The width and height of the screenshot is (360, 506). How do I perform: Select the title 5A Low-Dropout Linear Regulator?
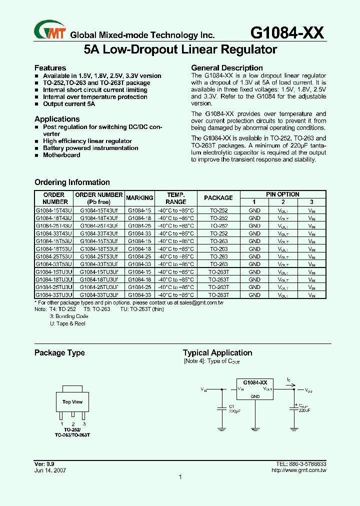180,50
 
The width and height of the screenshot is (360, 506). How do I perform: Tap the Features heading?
50,68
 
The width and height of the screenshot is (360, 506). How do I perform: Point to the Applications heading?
57,119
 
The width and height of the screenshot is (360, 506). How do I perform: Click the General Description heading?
227,68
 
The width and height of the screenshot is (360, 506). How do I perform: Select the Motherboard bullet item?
61,155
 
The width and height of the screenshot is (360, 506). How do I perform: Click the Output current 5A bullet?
68,104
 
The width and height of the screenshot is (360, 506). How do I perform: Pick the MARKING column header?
139,198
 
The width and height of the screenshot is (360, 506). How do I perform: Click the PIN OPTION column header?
282,194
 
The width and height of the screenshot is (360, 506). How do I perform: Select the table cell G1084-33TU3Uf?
99,295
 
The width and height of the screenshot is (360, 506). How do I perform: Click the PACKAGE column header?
218,198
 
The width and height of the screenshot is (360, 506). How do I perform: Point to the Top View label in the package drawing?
72,402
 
